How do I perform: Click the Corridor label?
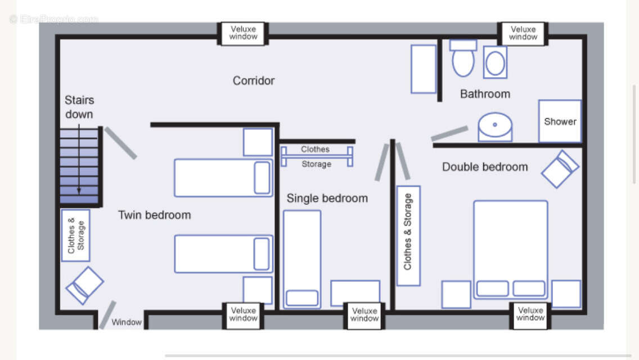[254, 81]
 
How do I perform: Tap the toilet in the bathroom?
[463, 58]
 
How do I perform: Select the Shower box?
[560, 121]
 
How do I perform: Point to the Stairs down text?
[79, 107]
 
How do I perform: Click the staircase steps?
[79, 166]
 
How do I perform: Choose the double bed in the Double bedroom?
[511, 250]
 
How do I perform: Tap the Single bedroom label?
[327, 199]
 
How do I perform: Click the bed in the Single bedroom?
[302, 259]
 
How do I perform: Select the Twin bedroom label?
[155, 215]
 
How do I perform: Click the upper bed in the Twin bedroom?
[223, 178]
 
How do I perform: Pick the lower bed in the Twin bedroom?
[223, 254]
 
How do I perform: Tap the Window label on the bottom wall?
[127, 322]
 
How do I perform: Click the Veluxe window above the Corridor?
[244, 33]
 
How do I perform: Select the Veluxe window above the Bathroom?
[523, 33]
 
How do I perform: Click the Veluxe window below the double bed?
[530, 314]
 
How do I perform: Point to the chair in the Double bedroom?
[560, 169]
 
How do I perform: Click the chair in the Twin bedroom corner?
[85, 285]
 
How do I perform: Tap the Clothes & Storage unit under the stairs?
[75, 235]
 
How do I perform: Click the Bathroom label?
[485, 94]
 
